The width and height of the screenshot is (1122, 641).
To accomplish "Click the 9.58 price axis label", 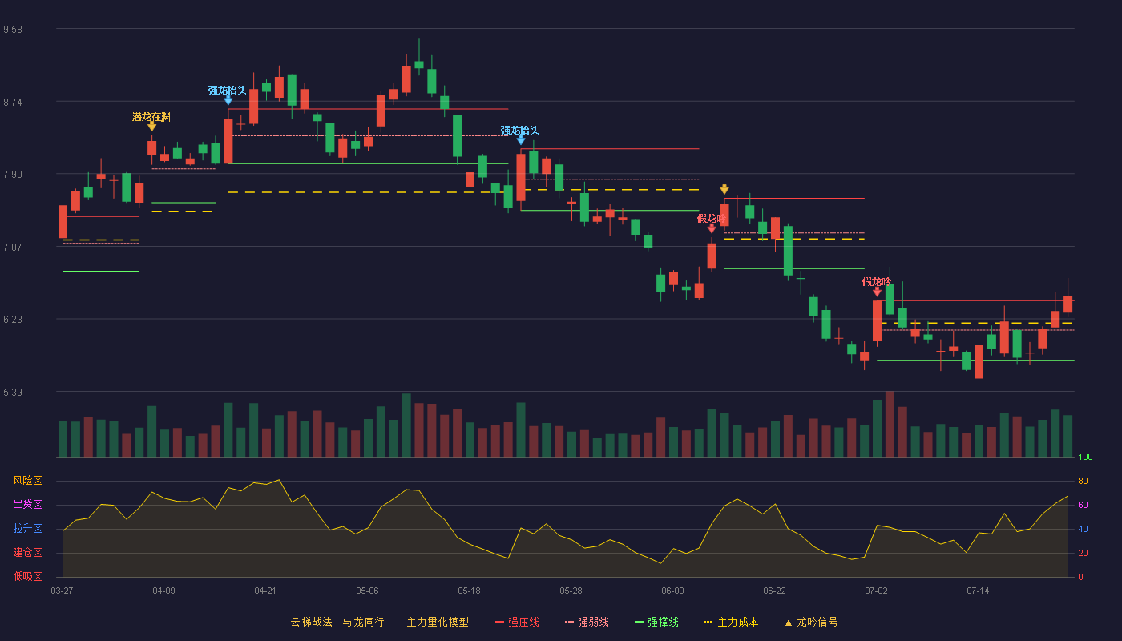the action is [x=13, y=30].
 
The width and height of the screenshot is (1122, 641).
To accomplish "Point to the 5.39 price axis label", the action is [x=13, y=392].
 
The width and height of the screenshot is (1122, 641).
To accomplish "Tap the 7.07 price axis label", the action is [x=13, y=248].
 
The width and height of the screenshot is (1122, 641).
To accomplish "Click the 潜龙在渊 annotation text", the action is [x=151, y=117].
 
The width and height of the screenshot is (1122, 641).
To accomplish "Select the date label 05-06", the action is [x=367, y=591].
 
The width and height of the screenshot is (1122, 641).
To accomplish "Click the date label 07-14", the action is [x=978, y=591].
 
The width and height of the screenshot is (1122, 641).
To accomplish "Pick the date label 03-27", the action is [x=63, y=591].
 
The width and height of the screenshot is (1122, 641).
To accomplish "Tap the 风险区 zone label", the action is [x=27, y=481].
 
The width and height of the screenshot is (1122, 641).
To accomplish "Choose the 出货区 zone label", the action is [x=27, y=504].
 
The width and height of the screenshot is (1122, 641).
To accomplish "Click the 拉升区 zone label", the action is [x=27, y=528].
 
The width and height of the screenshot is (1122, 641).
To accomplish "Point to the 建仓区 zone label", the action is [x=27, y=552].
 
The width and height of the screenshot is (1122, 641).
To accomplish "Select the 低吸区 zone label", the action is [x=27, y=576].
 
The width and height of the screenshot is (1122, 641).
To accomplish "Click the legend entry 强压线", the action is [x=518, y=622].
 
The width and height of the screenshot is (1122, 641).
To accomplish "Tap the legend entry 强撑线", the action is [x=656, y=622].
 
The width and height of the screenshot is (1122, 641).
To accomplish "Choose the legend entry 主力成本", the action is [x=731, y=622].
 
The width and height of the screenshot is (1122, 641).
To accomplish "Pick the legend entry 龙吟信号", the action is [x=811, y=622].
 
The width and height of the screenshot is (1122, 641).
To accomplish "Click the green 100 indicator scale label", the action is [x=1085, y=457].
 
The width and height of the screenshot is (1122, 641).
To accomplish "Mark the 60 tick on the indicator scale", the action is [x=1083, y=505].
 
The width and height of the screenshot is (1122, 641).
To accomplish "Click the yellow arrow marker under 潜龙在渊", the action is [x=151, y=127].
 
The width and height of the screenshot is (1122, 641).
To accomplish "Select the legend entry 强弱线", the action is [x=587, y=622].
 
